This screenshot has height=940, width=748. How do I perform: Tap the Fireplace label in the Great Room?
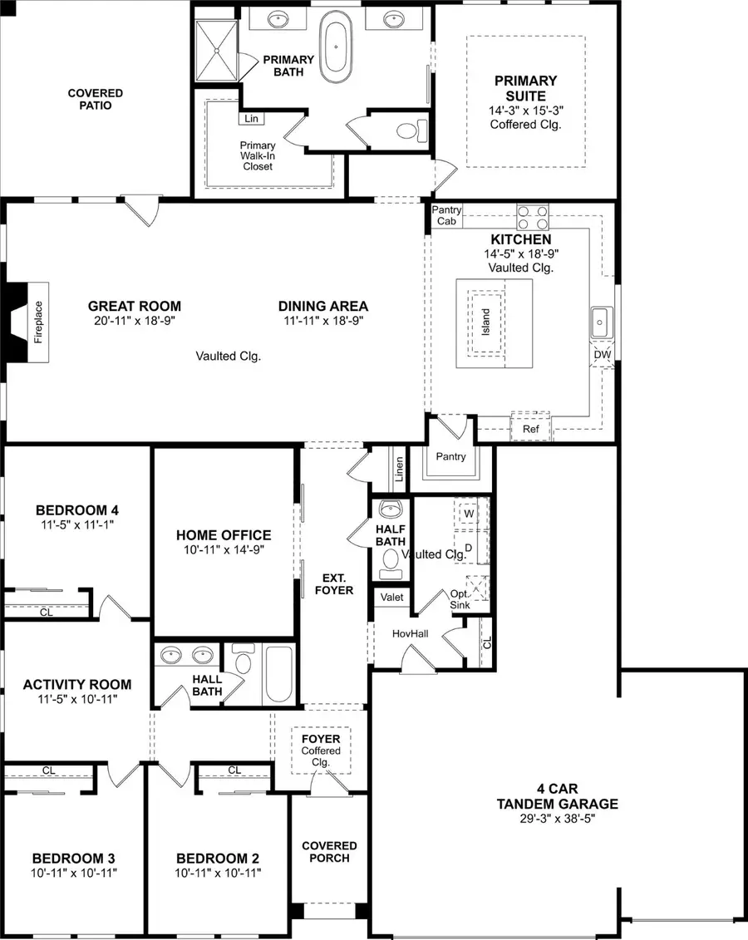click(x=38, y=322)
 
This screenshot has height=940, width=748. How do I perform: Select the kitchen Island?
click(x=487, y=322)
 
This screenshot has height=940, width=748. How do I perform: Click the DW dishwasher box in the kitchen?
click(x=603, y=355)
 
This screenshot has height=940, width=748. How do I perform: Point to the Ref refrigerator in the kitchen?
click(x=530, y=429)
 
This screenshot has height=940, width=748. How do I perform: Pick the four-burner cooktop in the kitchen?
click(x=534, y=217)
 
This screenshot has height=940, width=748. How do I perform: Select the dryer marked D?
click(x=469, y=547)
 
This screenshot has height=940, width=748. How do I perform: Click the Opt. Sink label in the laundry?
click(x=460, y=600)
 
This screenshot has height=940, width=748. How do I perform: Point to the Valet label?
click(x=391, y=598)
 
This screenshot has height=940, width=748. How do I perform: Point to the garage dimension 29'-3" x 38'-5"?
click(x=557, y=819)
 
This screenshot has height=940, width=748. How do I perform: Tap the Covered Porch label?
click(x=329, y=851)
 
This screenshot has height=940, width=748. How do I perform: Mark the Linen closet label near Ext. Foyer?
click(x=400, y=470)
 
